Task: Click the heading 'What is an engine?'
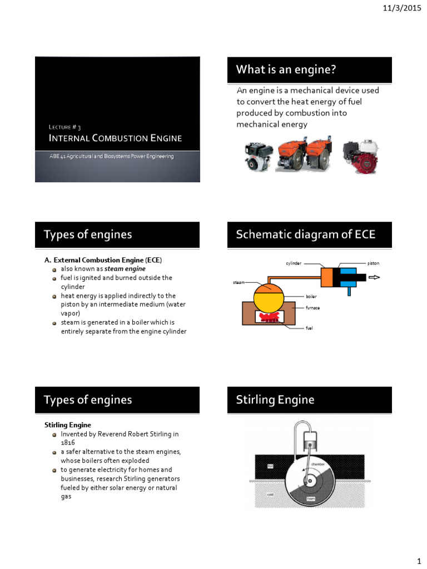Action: pos(286,69)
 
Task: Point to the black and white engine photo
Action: pos(258,156)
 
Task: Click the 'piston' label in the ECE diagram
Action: pos(373,263)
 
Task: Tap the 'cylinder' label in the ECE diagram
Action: pos(294,263)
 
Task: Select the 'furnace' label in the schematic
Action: pos(312,307)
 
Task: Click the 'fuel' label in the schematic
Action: pos(309,328)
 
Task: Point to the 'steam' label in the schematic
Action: pos(238,283)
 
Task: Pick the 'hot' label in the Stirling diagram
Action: pos(270,466)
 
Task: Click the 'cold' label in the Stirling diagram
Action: pos(270,494)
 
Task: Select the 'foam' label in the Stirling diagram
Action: pos(311,498)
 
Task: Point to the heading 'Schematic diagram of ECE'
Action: pos(305,234)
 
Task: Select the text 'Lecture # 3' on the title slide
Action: pos(65,127)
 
